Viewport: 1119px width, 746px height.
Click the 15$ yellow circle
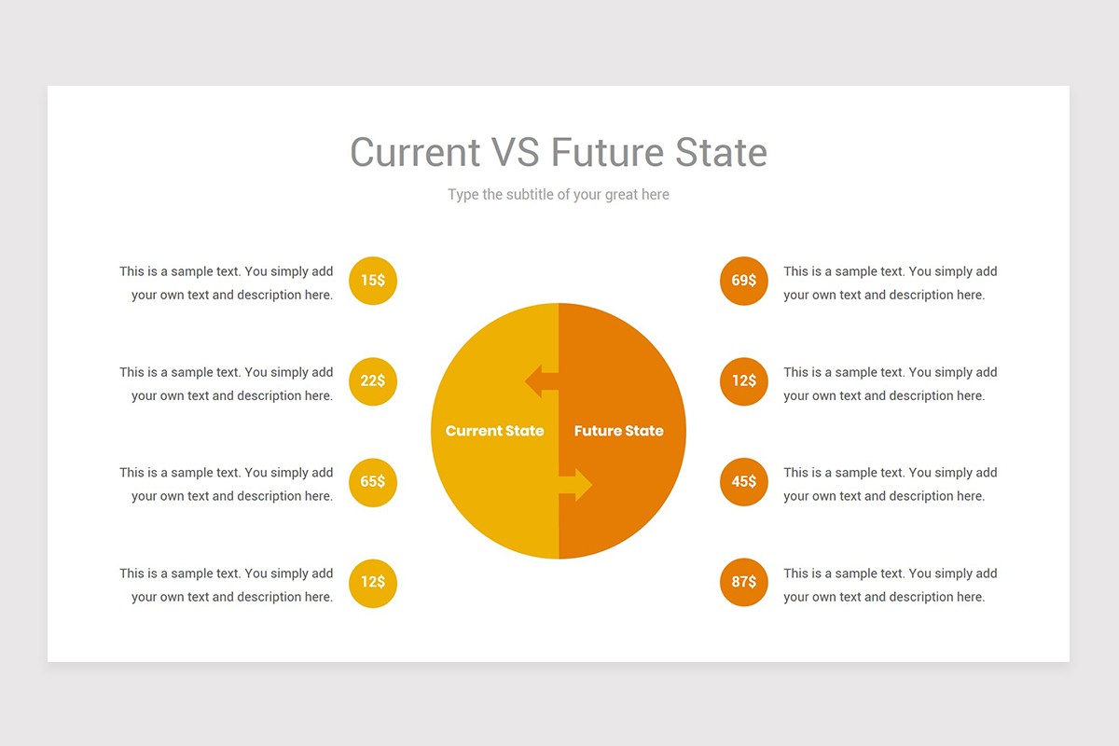[x=373, y=281]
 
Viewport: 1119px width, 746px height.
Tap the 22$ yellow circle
[x=373, y=381]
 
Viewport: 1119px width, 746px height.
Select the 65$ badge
[x=373, y=482]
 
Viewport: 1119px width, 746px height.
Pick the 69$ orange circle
[x=744, y=281]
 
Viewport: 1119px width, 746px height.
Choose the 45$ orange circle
[x=744, y=482]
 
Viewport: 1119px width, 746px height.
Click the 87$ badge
[x=744, y=583]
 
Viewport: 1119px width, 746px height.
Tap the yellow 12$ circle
[x=373, y=583]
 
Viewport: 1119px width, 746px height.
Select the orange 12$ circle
[x=744, y=381]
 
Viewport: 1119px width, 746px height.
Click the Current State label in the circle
[x=494, y=431]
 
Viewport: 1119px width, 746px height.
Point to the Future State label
[x=619, y=431]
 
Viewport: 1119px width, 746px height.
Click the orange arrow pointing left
[x=541, y=380]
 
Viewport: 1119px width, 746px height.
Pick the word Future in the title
[x=607, y=153]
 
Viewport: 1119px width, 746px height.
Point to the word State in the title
[x=721, y=153]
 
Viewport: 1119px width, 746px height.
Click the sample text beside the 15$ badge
[x=227, y=283]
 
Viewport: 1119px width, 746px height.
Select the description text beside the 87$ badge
[x=890, y=585]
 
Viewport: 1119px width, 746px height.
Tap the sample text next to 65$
[x=227, y=484]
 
